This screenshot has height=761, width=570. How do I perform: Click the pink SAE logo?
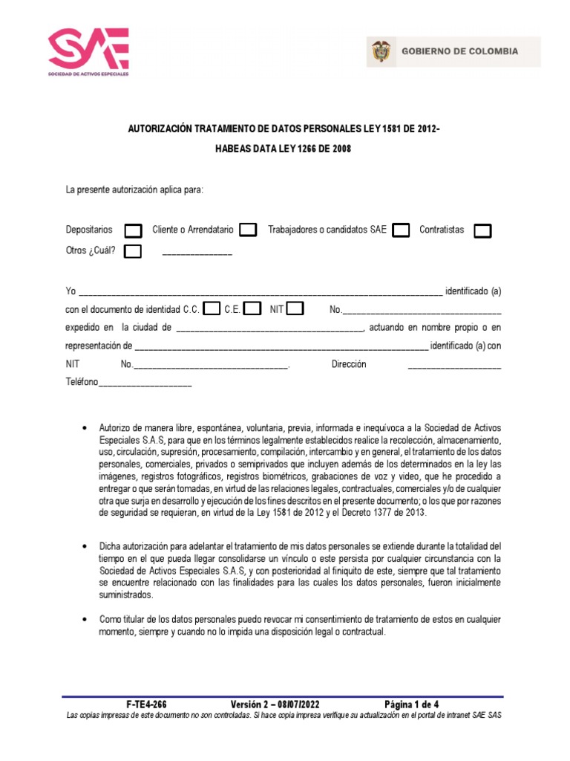tap(88, 52)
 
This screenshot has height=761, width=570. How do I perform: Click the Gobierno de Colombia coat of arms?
tap(379, 52)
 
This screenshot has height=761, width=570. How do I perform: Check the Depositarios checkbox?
tap(134, 230)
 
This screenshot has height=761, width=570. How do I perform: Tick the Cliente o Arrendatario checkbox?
tap(249, 230)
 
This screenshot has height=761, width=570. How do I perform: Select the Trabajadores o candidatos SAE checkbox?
tap(401, 230)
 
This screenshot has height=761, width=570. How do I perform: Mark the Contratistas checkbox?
tap(482, 230)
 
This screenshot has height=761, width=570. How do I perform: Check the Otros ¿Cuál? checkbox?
tap(133, 251)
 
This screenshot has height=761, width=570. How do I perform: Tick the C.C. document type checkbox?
tap(212, 308)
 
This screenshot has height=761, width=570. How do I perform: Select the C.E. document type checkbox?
tap(252, 308)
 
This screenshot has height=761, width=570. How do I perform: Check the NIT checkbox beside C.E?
tap(295, 308)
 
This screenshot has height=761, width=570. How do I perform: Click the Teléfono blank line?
tap(145, 384)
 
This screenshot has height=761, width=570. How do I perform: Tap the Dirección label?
tap(349, 365)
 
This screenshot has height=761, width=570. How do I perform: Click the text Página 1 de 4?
tap(411, 704)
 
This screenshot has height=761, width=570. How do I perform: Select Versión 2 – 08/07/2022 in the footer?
tap(275, 704)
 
